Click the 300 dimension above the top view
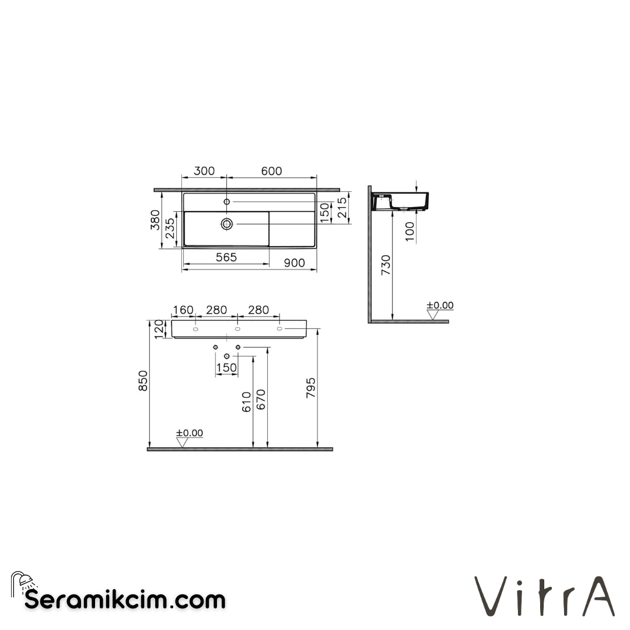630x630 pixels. [x=204, y=171]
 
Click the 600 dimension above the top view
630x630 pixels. [x=271, y=171]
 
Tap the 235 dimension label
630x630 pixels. [x=169, y=229]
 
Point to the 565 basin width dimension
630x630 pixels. [x=226, y=257]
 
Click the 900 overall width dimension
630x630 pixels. [x=294, y=263]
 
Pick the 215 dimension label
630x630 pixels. [x=342, y=207]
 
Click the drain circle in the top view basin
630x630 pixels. [x=227, y=223]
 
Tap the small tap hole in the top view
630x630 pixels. [x=227, y=201]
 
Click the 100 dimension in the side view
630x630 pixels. [x=410, y=231]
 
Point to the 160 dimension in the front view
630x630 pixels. [x=183, y=310]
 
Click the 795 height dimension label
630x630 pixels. [x=310, y=388]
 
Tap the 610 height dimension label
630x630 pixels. [x=246, y=402]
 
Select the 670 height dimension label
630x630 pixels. [x=261, y=400]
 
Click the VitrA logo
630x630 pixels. [x=544, y=596]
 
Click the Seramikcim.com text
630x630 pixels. [x=125, y=599]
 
